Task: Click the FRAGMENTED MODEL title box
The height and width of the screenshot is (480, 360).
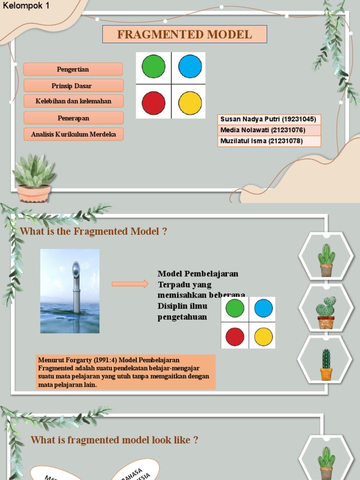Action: pyautogui.click(x=185, y=34)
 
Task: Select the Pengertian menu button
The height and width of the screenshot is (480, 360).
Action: pyautogui.click(x=73, y=69)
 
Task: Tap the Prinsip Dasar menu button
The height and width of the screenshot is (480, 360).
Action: pyautogui.click(x=73, y=86)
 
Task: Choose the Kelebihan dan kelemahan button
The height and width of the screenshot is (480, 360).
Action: pyautogui.click(x=73, y=101)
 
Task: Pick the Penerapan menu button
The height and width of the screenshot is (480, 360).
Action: pyautogui.click(x=73, y=118)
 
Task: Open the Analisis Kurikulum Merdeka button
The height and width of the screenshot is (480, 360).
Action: pyautogui.click(x=73, y=135)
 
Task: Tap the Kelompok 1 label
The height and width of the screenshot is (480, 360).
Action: pyautogui.click(x=26, y=6)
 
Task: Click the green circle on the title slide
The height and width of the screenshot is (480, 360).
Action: pyautogui.click(x=153, y=66)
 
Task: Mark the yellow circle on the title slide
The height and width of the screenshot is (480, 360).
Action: pyautogui.click(x=190, y=103)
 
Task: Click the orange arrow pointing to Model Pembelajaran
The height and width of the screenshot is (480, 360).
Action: pyautogui.click(x=130, y=284)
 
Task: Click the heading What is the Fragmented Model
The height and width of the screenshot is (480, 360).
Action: pyautogui.click(x=93, y=231)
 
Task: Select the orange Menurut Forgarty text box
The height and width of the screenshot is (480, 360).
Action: pyautogui.click(x=126, y=372)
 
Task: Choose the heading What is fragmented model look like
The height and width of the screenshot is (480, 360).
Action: pyautogui.click(x=114, y=440)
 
